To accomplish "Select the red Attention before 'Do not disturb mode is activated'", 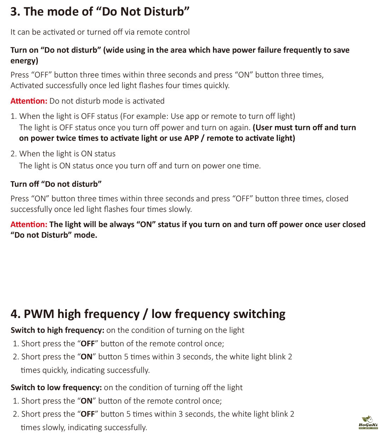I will tap(29, 101).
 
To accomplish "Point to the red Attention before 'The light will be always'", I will tap(29, 225).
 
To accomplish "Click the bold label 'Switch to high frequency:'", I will tap(57, 330).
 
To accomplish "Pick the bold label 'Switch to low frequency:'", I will tap(56, 388).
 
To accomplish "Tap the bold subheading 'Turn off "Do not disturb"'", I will tap(56, 184).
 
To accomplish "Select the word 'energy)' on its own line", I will tap(24, 61).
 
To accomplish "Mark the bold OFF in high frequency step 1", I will tap(88, 344).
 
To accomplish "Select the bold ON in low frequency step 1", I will tap(86, 401).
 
